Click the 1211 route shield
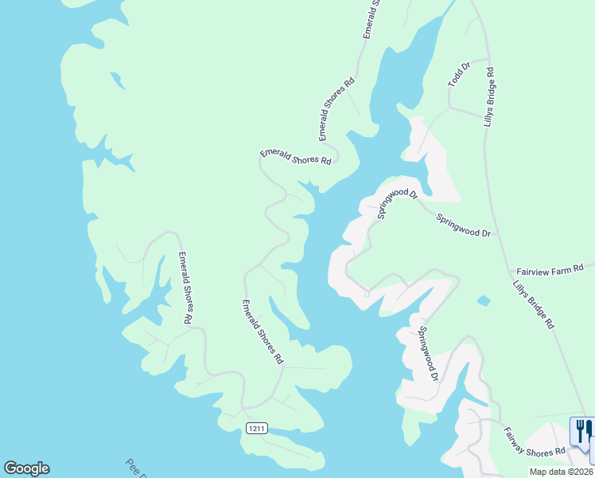[255, 429]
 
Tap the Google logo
[26, 468]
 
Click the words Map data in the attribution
[547, 472]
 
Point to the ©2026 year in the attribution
[580, 472]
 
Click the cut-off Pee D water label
[136, 467]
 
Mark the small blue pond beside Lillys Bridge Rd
[484, 300]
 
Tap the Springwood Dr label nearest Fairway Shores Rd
[428, 353]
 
